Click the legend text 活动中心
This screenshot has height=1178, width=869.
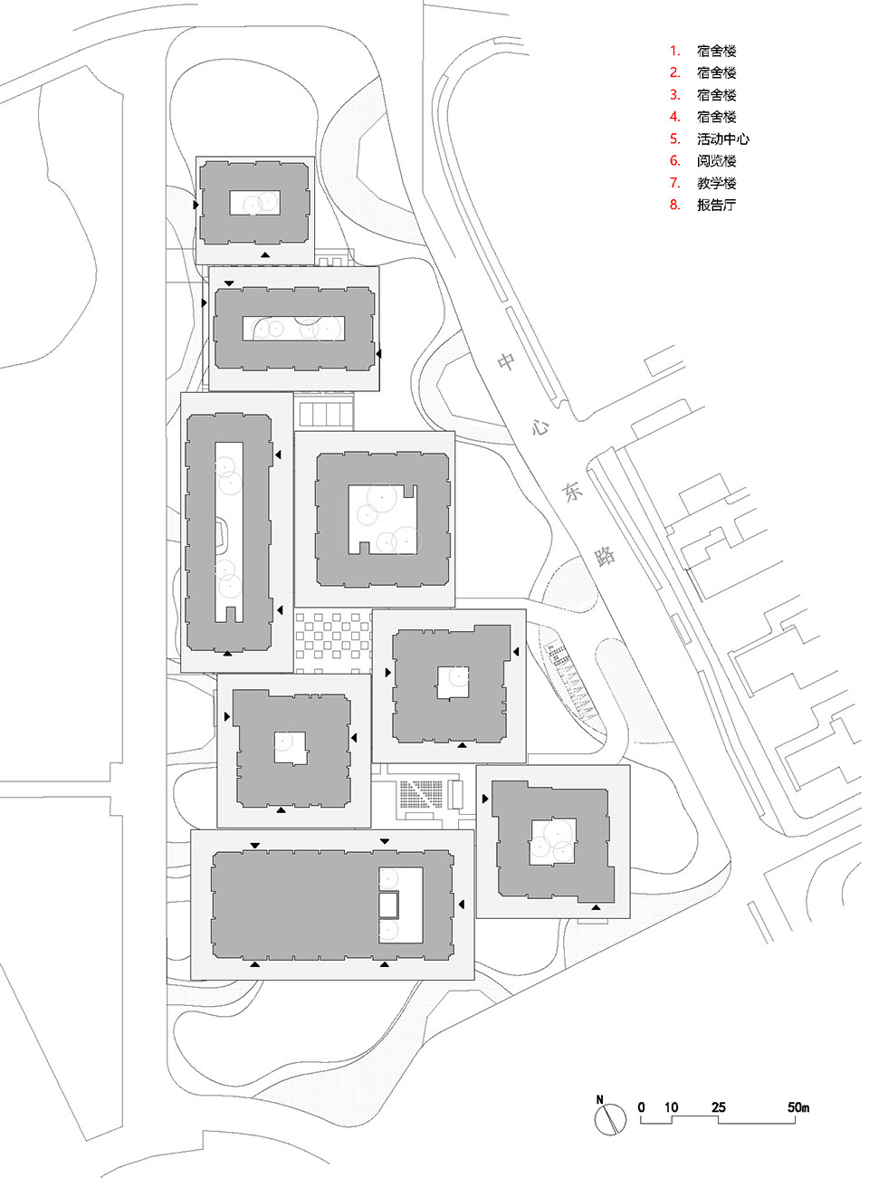click(722, 139)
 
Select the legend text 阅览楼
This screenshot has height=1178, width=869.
click(716, 161)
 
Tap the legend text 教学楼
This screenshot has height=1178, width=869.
click(716, 183)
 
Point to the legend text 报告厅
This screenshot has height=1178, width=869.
click(716, 205)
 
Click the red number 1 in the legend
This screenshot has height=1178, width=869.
click(674, 52)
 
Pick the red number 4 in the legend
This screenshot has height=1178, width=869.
click(674, 117)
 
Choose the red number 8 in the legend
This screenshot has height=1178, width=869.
click(674, 205)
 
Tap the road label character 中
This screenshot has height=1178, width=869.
click(506, 362)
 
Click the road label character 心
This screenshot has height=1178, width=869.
click(540, 426)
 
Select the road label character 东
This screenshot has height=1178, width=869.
click(572, 492)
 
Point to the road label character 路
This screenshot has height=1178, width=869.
click(605, 556)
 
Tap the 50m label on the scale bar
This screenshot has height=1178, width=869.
click(797, 1107)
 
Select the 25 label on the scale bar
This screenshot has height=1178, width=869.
click(718, 1107)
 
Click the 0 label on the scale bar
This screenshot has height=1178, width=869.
click(642, 1107)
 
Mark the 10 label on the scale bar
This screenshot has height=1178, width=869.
click(671, 1107)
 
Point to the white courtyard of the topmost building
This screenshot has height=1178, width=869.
click(254, 203)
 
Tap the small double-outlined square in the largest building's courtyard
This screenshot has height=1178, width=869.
click(389, 905)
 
